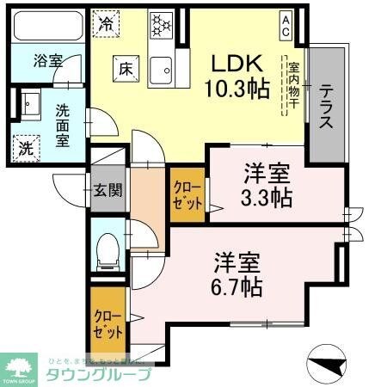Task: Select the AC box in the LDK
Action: coord(285,26)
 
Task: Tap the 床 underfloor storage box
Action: coord(125,68)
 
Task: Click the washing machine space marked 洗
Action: coord(27,147)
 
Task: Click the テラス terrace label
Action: coord(327,107)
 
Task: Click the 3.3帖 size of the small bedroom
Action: coord(265,197)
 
